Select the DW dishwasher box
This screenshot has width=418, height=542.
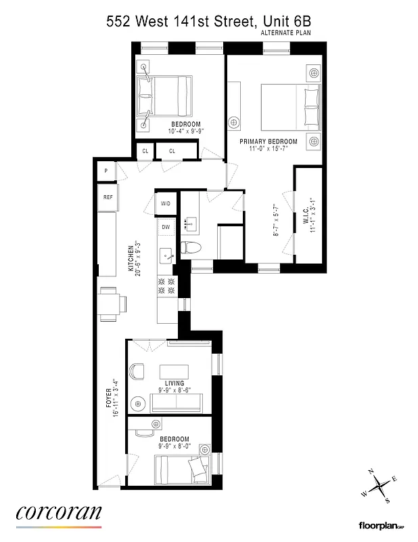pos(166,227)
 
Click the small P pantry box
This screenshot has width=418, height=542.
pos(106,172)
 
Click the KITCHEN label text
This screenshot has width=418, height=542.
pos(132,257)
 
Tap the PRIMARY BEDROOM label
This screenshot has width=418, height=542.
pos(269,142)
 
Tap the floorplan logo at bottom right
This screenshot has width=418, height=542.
pos(381,525)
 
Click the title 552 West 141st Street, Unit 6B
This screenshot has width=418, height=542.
pos(208,21)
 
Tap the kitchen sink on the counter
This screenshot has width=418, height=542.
pos(166,255)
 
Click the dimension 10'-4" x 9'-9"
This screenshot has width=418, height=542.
pos(186,131)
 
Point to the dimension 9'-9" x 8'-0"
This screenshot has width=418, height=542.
pos(175,446)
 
